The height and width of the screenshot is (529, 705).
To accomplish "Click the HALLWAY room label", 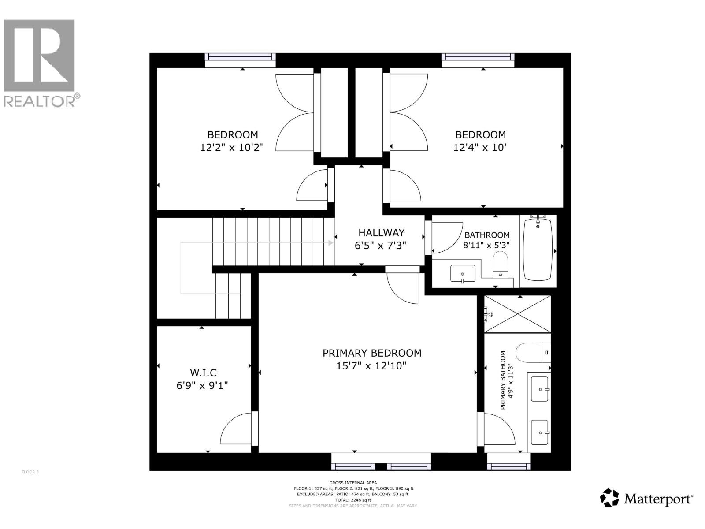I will coord(381,233).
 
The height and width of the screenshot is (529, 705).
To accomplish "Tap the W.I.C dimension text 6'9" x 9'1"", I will coord(202,386).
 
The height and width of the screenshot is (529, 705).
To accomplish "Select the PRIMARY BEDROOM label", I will coord(372,353).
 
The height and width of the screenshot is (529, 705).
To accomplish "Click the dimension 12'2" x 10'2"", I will coord(232,148).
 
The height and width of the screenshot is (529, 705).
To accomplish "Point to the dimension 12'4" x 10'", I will coord(480,148).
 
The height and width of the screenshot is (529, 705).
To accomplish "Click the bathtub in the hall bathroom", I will coord(538,250).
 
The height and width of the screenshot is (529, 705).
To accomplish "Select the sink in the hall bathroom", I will coord(463,274).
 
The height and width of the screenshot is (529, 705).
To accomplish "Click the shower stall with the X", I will coord(517,314).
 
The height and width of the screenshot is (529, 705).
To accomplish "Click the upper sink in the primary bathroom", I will coord(540,389).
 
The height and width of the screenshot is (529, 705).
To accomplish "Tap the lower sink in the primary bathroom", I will coord(540,432).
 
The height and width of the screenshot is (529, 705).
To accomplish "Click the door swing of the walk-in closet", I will coord(237,429).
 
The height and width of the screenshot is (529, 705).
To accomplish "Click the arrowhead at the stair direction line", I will coord(330,243).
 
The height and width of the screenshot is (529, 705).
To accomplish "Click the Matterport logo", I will coord(646,499).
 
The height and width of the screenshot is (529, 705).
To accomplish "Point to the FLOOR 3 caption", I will coord(30,472).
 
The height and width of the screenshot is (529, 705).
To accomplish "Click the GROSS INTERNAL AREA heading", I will coord(353,483).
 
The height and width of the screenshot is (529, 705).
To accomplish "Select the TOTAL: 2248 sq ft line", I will coord(353,500).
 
